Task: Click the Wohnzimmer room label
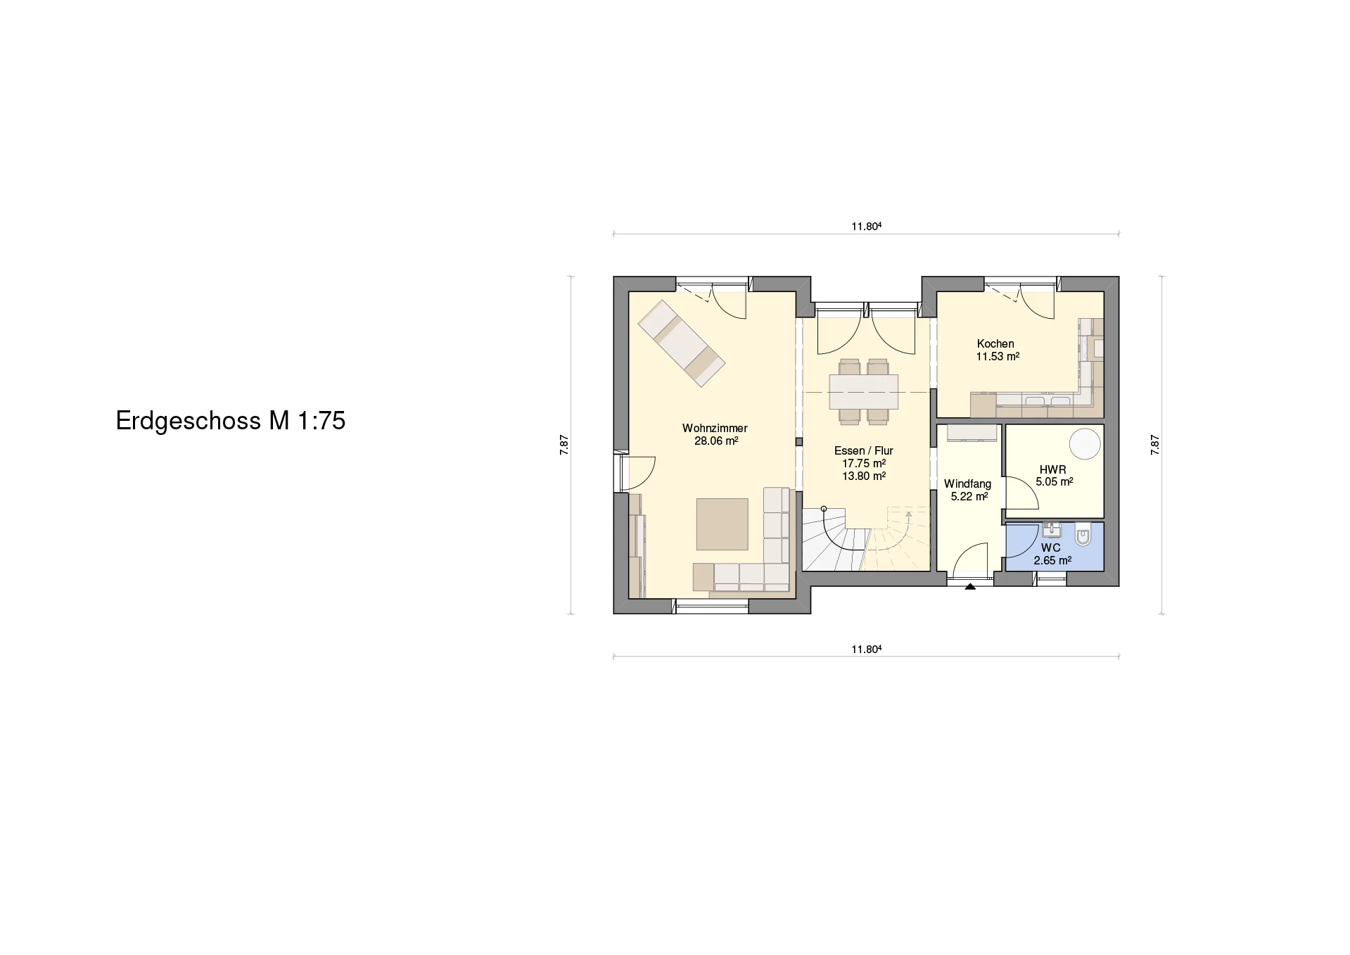tap(715, 428)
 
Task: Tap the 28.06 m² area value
tap(716, 441)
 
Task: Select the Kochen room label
tap(995, 343)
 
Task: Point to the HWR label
tap(1053, 469)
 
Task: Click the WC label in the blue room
tap(1051, 548)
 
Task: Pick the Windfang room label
tap(968, 484)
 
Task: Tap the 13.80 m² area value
tap(864, 476)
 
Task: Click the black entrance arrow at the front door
tap(970, 586)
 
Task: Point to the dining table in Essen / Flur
tap(863, 391)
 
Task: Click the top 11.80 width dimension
tap(867, 227)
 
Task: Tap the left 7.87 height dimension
tap(564, 445)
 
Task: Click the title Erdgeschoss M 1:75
tap(231, 421)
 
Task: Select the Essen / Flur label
tap(864, 450)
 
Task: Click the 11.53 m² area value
tap(998, 357)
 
